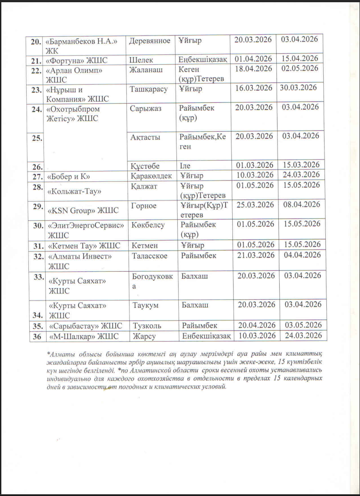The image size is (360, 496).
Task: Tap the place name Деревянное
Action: tap(149, 41)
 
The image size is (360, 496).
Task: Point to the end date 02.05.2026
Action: tap(300, 68)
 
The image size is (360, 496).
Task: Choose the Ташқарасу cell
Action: tap(149, 89)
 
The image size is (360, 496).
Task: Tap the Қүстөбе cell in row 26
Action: tap(145, 165)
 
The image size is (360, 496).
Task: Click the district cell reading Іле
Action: tap(185, 166)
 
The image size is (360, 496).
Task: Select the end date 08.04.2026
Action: tap(302, 205)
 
